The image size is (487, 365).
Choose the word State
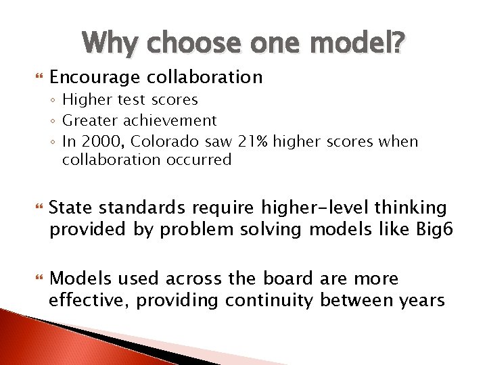click(x=70, y=207)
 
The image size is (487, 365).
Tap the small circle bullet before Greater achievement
click(x=53, y=122)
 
